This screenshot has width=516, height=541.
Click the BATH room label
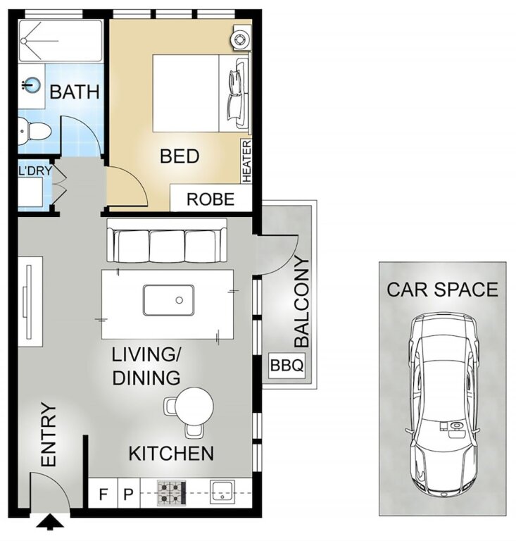(75, 92)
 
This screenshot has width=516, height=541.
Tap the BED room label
(180, 156)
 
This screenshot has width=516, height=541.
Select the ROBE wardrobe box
(211, 198)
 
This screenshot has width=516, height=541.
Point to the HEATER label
(247, 161)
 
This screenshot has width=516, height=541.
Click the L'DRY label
(35, 170)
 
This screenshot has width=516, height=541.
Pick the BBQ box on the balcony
(287, 365)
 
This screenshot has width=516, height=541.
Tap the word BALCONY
(302, 302)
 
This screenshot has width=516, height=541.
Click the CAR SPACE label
(442, 290)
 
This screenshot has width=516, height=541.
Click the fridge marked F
(103, 495)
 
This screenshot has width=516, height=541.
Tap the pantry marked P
(129, 495)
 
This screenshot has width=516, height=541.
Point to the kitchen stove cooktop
(172, 493)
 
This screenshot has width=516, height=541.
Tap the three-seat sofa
(167, 240)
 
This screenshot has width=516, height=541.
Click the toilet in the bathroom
(34, 131)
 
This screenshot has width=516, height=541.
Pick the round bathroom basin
(32, 85)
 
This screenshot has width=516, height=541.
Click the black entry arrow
(50, 522)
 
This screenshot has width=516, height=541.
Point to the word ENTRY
(49, 435)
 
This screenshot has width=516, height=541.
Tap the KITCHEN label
(171, 454)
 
